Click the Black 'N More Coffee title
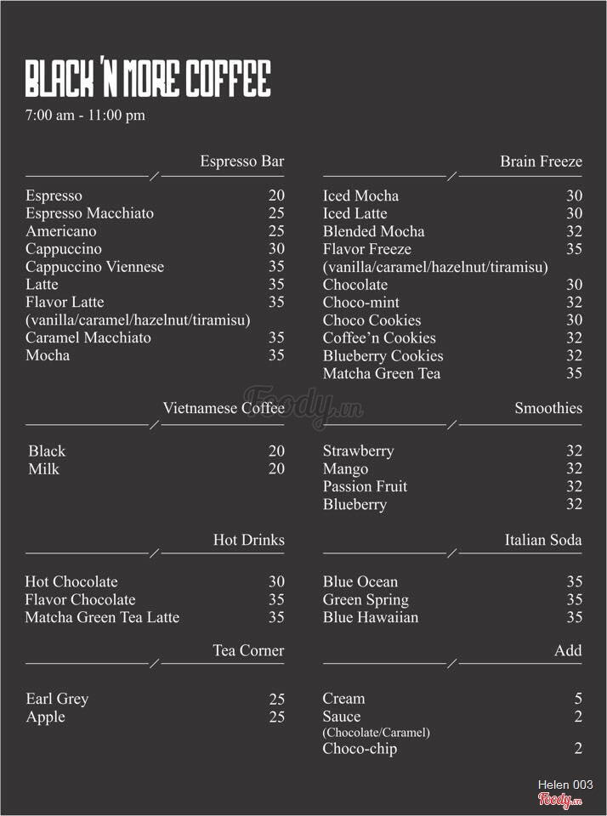148,79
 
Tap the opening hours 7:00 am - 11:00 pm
85,116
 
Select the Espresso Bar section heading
241,161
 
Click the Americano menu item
61,231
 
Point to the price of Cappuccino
276,249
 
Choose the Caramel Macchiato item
88,337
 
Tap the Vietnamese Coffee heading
224,408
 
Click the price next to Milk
276,469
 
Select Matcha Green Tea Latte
102,617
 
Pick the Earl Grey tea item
57,699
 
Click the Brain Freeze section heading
541,161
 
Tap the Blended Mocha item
373,231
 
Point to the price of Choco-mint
574,303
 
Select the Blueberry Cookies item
383,356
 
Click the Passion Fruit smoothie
365,486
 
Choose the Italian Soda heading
542,540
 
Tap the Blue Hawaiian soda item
370,617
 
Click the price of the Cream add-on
578,699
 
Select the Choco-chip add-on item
360,749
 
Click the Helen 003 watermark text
565,785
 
